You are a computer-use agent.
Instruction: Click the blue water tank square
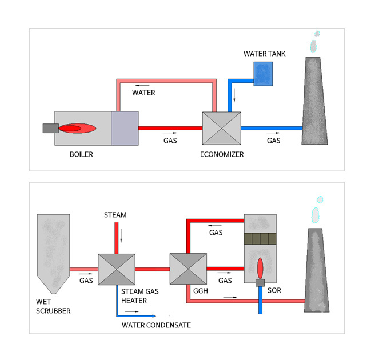tap(264, 74)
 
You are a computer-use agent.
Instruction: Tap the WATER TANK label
tap(264, 54)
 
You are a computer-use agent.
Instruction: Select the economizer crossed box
tap(221, 128)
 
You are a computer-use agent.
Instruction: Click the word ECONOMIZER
tap(222, 154)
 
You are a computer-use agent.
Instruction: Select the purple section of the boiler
tap(124, 128)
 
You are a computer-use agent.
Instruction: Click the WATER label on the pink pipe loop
tap(143, 93)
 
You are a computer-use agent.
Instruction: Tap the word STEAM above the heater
tap(115, 215)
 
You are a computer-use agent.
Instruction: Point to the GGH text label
tap(184, 291)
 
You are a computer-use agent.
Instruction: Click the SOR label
tap(274, 291)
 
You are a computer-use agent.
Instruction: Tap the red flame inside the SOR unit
tap(260, 267)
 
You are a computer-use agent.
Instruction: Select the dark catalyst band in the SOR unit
tap(260, 239)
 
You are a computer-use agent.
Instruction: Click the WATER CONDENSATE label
tap(156, 325)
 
